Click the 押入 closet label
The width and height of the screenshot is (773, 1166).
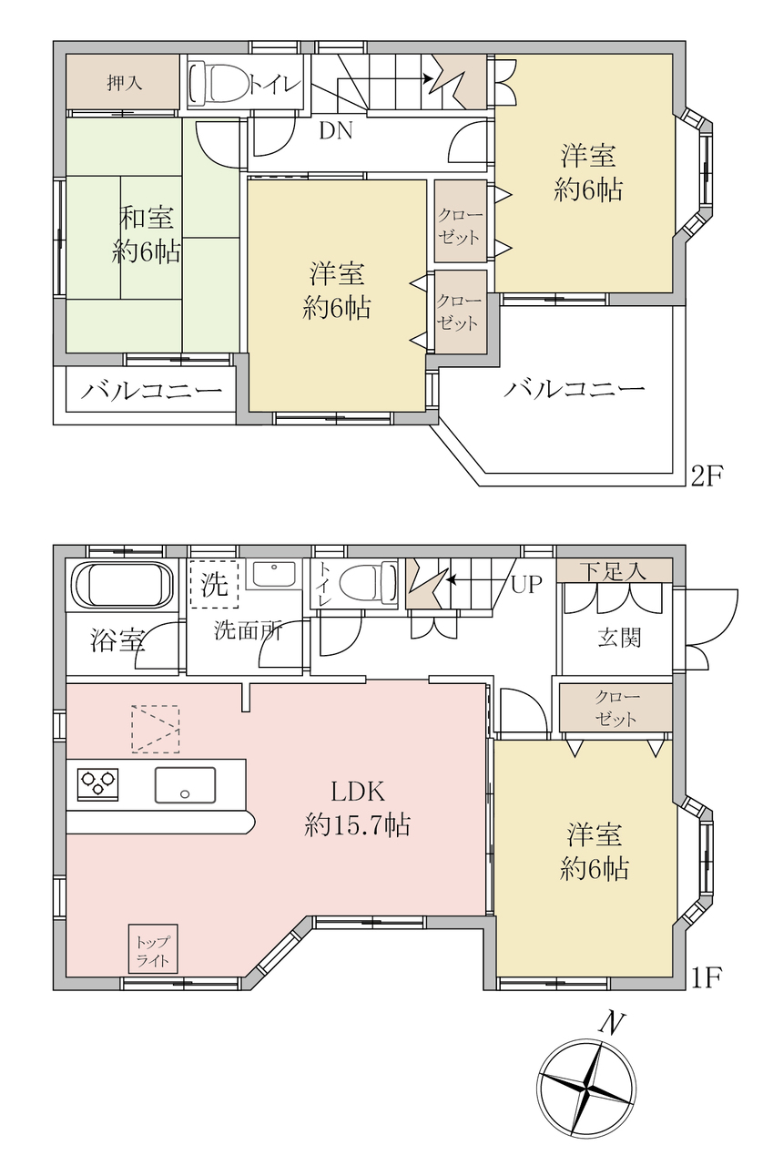(x=125, y=83)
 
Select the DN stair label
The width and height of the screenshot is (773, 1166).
(x=336, y=130)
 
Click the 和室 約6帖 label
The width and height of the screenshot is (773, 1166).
(x=147, y=234)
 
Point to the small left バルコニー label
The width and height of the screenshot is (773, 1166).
(x=151, y=391)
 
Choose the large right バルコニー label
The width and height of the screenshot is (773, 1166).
(x=575, y=388)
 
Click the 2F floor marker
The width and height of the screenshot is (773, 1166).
(x=706, y=476)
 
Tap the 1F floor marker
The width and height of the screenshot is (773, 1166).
(x=706, y=978)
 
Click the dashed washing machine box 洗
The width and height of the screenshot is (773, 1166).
(x=214, y=584)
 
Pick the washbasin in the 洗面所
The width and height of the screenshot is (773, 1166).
(x=274, y=574)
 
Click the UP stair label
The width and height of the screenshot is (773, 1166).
(x=526, y=585)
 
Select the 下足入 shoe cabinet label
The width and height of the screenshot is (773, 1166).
(x=614, y=571)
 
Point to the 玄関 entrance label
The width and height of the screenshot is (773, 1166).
(x=619, y=637)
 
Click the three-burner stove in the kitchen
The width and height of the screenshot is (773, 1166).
(x=97, y=783)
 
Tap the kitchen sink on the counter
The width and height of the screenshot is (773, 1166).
(x=185, y=784)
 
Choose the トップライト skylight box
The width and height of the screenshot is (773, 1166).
(x=153, y=950)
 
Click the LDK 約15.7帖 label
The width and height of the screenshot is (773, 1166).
(x=358, y=808)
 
